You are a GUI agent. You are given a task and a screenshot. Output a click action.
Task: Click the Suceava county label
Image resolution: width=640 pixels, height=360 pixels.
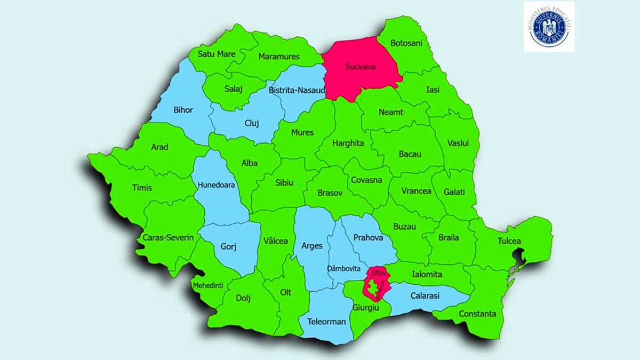point(360,67)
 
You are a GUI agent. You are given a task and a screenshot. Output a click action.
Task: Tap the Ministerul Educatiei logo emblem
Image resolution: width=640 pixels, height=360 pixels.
point(549,26)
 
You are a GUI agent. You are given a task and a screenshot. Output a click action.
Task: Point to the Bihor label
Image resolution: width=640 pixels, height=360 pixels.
point(183,110)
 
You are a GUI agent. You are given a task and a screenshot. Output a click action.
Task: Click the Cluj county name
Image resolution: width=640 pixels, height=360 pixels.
point(251,123)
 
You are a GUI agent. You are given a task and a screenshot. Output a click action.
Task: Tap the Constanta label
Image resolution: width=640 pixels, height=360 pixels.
point(478,314)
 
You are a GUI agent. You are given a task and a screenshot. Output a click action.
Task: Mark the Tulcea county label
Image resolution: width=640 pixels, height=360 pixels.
point(509,241)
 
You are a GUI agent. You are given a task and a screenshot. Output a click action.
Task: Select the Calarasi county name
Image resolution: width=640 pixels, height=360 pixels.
point(425,295)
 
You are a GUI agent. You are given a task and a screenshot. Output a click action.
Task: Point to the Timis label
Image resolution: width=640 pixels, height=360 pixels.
point(141,187)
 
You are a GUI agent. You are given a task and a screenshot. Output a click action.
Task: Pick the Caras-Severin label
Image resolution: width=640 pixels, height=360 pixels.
point(168,237)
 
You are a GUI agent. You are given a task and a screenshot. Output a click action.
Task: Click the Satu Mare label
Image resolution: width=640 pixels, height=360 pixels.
point(217,54)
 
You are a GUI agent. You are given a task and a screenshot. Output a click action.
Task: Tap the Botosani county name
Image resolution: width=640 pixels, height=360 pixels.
point(406,43)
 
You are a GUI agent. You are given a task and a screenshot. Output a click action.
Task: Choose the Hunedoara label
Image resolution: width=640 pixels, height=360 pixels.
point(216,185)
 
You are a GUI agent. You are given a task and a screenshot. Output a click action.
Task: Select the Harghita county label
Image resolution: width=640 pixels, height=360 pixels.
point(348,143)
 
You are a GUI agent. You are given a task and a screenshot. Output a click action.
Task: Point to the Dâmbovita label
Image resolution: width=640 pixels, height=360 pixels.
point(345,268)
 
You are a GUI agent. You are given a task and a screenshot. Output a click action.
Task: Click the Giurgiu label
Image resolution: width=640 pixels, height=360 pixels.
point(365,308)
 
